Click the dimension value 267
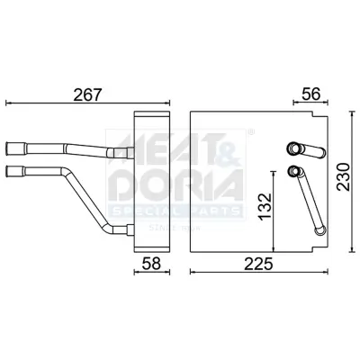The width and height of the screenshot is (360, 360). pyautogui.click(x=87, y=94)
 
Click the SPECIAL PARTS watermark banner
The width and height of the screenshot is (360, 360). pyautogui.click(x=175, y=211)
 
